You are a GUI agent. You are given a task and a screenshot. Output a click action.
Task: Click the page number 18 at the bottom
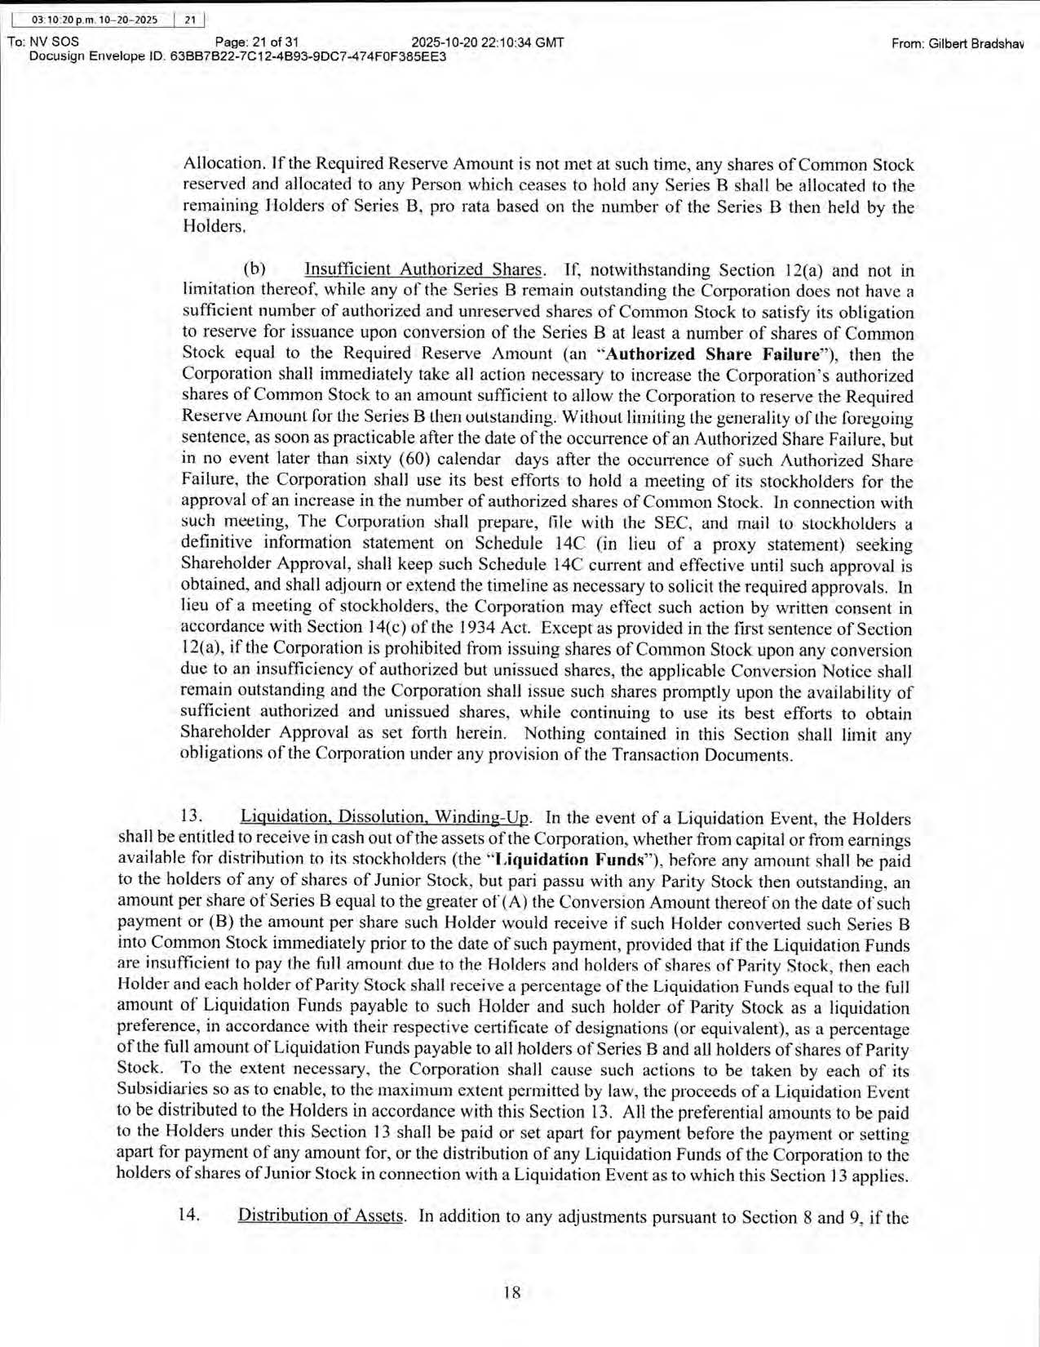tap(512, 1292)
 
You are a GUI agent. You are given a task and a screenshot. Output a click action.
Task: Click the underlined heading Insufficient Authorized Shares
tap(423, 270)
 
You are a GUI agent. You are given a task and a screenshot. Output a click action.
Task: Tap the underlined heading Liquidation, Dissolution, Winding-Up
tap(385, 818)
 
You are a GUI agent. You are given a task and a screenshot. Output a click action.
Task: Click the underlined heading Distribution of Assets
tap(321, 1216)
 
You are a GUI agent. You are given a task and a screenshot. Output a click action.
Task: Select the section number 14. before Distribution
tap(189, 1216)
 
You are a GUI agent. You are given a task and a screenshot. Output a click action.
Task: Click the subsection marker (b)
tap(254, 270)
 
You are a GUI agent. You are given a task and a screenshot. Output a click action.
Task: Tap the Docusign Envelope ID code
tap(308, 57)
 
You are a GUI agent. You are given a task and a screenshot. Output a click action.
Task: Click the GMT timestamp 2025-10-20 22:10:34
tap(488, 42)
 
